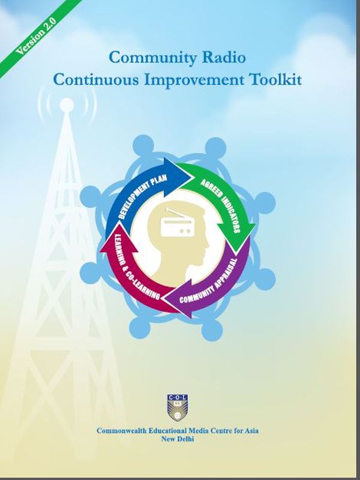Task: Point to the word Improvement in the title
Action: pos(194,80)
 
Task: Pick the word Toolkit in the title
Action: pos(276,79)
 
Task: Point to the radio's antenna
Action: pos(173,213)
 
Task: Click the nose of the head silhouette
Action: pos(207,244)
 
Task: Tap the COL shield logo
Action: pos(177,407)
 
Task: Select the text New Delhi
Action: pos(178,439)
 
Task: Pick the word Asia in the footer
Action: pos(251,431)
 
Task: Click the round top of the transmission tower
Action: pos(67,104)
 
